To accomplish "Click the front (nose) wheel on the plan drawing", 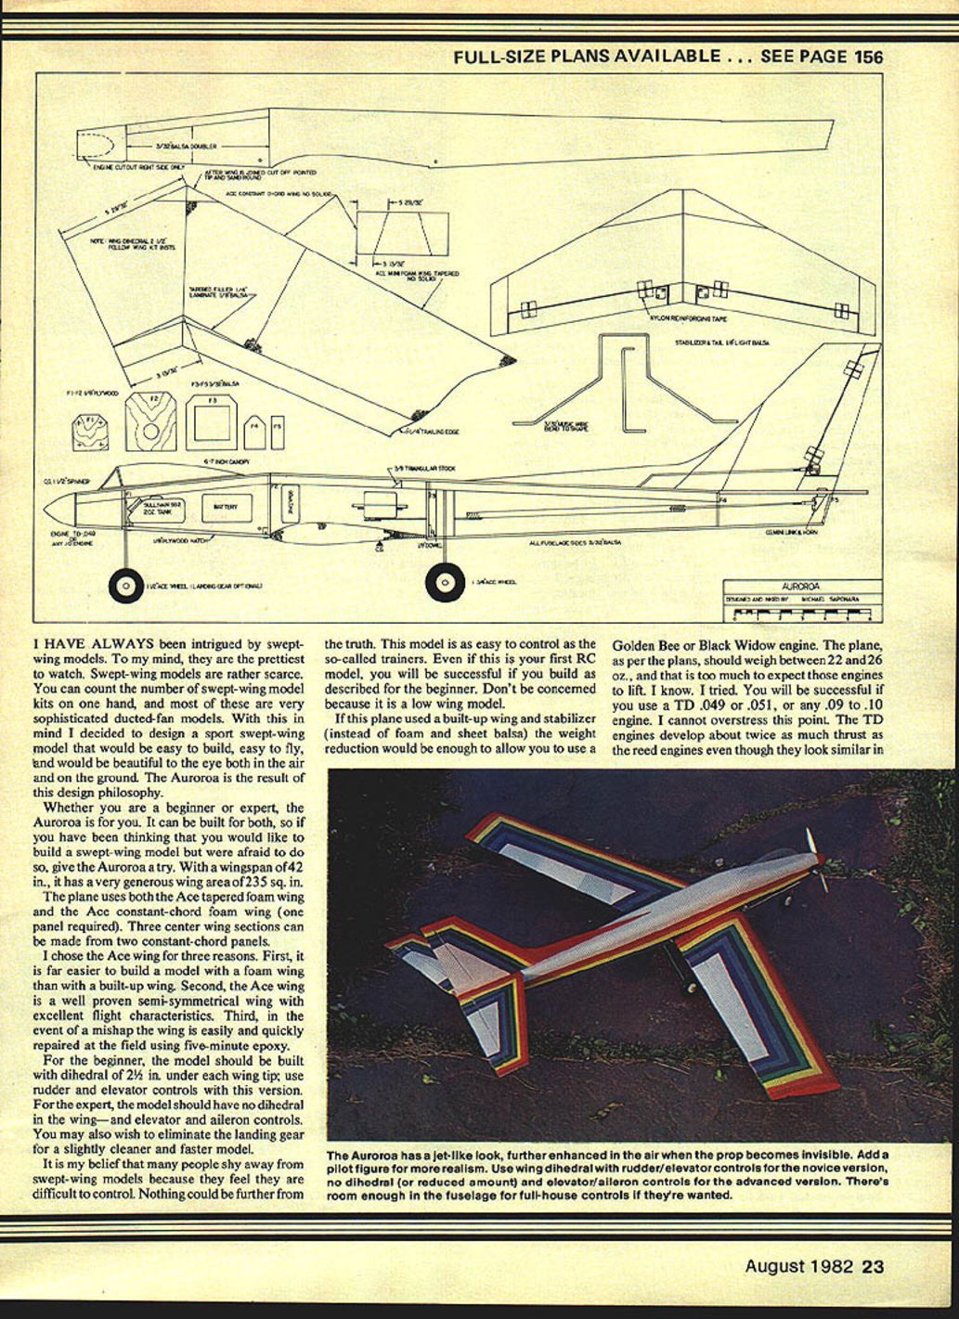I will pyautogui.click(x=124, y=585).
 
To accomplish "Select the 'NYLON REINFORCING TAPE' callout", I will pyautogui.click(x=687, y=317).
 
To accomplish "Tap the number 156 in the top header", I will pyautogui.click(x=868, y=56).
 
